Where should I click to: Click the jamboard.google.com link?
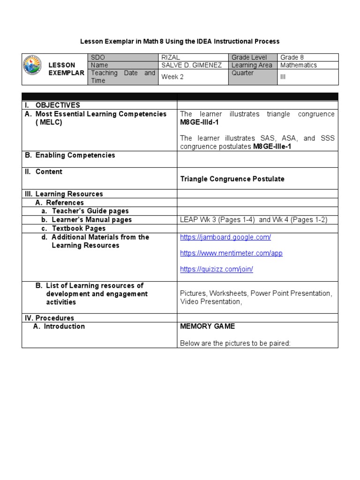tap(225, 237)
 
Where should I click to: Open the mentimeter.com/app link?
tap(231, 253)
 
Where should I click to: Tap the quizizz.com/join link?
tap(217, 269)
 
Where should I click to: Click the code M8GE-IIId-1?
tap(200, 122)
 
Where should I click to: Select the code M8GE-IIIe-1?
tap(272, 146)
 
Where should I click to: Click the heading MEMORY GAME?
tap(208, 326)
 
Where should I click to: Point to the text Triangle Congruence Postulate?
tap(232, 179)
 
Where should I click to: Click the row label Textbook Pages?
tap(78, 228)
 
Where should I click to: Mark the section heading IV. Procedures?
tap(49, 318)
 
